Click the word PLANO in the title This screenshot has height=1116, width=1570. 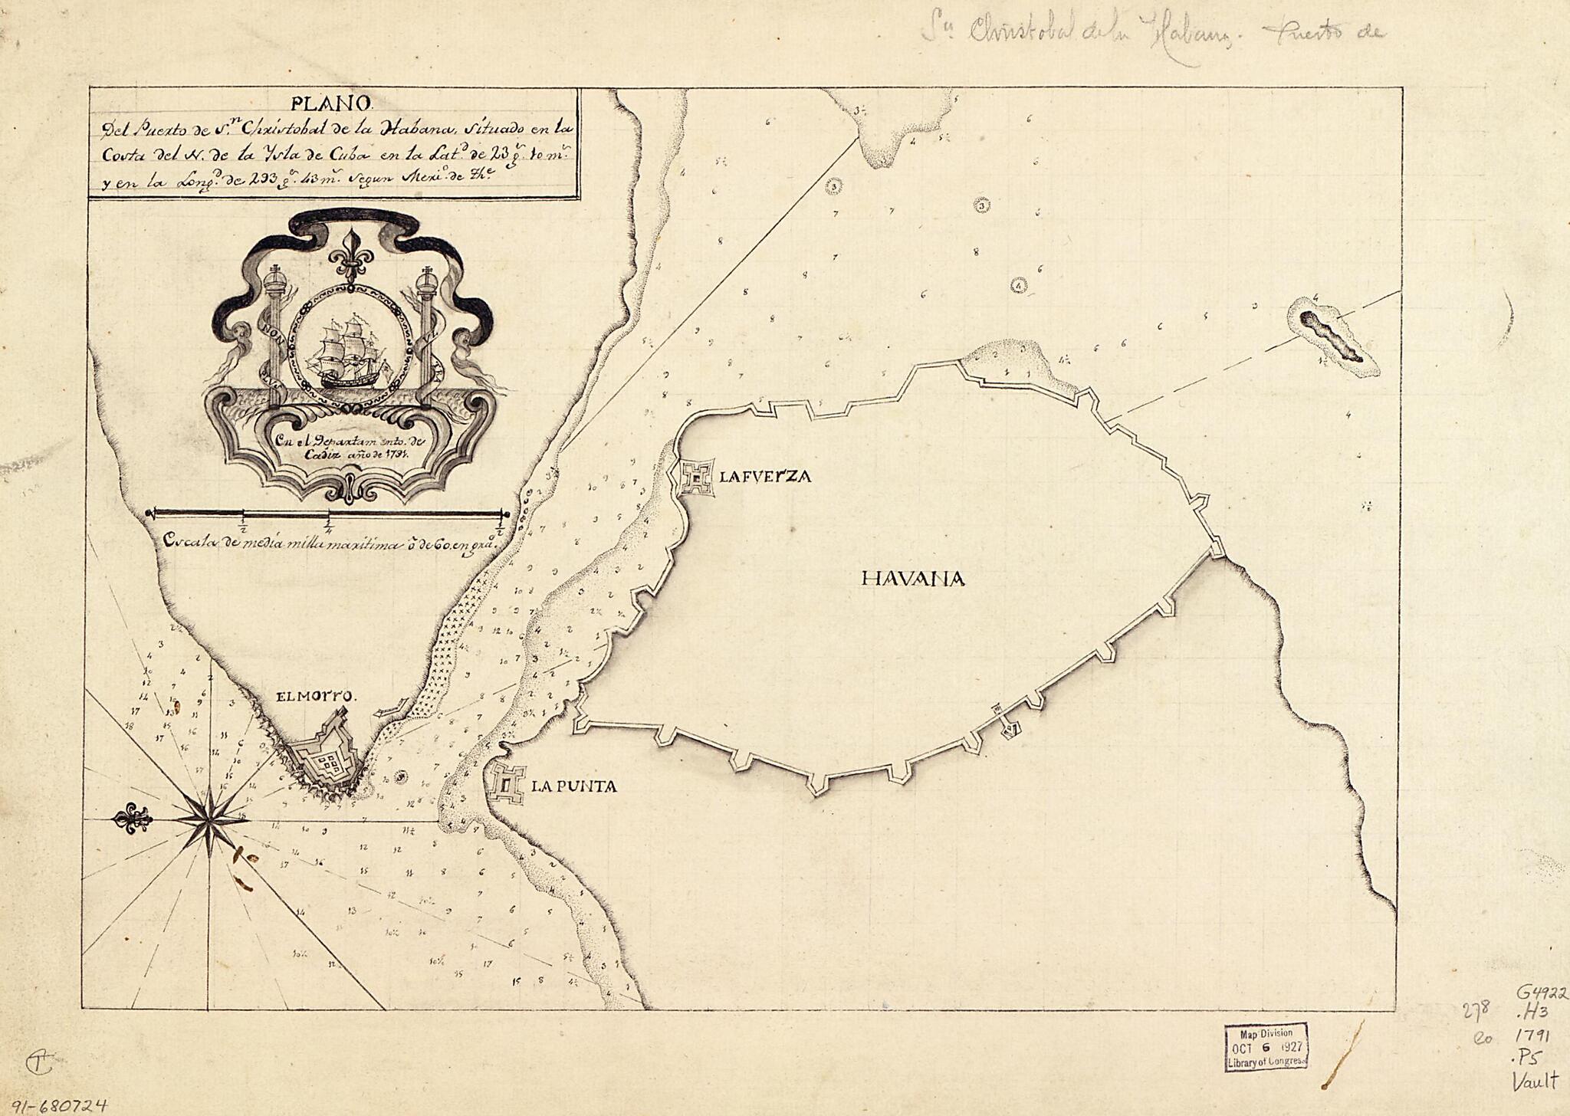331,102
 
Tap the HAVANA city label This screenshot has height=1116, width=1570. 912,579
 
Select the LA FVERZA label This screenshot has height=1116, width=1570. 764,477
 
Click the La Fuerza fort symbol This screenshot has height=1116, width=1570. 695,478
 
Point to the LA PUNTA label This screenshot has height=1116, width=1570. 574,786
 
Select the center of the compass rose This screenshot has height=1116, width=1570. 209,821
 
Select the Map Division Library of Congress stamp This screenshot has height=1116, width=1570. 1266,1046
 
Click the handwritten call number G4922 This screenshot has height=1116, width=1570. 1541,993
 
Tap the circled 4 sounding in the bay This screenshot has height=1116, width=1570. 1018,285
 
